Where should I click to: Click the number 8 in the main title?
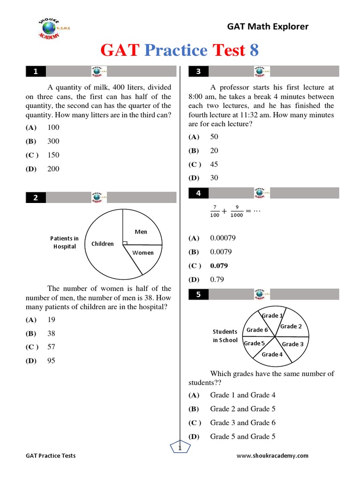tap(254, 50)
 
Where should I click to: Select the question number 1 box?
tap(36, 72)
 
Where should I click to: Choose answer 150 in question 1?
tap(53, 155)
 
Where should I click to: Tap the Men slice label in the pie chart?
tap(141, 232)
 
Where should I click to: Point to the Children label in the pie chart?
tap(103, 244)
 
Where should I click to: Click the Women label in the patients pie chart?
tap(143, 253)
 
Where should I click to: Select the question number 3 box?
tap(198, 72)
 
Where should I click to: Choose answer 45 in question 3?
tap(214, 165)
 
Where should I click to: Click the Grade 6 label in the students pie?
tap(257, 330)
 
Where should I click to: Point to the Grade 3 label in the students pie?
tap(292, 344)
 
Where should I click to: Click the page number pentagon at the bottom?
tap(180, 449)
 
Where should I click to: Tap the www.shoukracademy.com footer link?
tap(272, 456)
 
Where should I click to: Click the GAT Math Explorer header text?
tap(268, 27)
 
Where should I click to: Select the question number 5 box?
tap(198, 294)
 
